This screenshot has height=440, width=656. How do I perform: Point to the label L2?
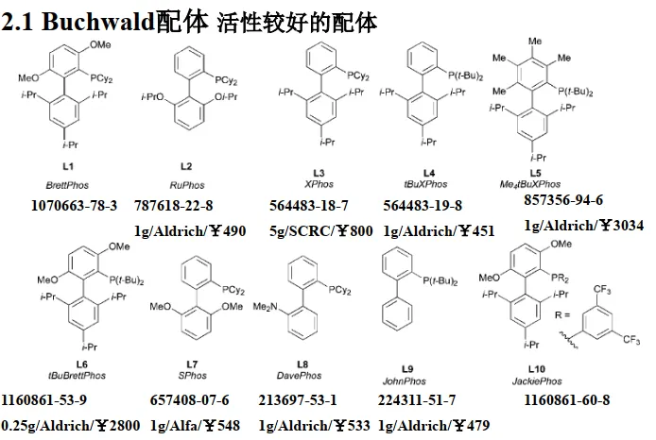point(186,165)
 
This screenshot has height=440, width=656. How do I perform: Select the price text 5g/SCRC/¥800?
point(314,230)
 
